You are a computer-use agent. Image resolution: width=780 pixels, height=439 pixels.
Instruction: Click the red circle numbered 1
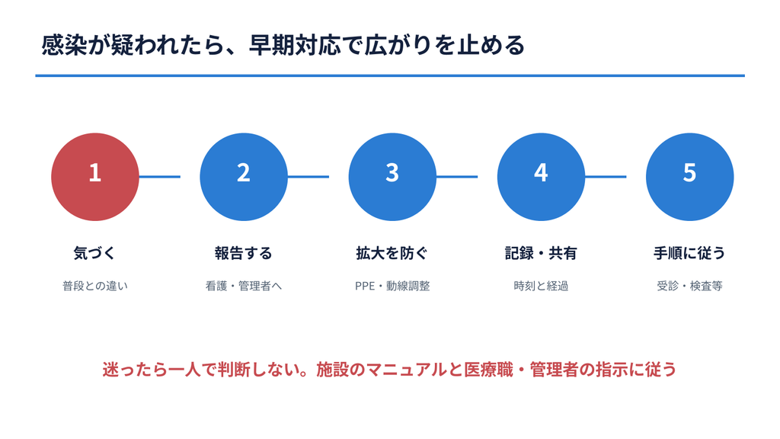point(95,177)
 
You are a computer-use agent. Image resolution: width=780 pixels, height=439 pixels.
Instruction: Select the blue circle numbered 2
point(244,177)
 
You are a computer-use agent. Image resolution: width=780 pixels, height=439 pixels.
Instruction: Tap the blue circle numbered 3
point(392,177)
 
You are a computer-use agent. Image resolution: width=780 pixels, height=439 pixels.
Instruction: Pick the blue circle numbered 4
point(542,177)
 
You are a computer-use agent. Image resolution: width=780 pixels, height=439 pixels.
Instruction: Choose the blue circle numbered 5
point(690,177)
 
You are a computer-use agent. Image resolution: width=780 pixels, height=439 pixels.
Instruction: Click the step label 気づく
point(94,253)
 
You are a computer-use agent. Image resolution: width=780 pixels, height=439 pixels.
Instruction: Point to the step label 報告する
point(244,253)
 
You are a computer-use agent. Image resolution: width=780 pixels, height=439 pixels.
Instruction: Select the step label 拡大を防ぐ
point(392,253)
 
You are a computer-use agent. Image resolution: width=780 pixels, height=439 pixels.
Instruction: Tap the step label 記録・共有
point(541,253)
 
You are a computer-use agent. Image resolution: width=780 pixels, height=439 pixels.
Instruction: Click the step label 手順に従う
point(689,253)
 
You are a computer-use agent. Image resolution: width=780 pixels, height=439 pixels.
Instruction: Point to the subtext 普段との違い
point(95,286)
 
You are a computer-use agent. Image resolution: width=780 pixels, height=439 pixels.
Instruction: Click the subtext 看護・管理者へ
point(244,286)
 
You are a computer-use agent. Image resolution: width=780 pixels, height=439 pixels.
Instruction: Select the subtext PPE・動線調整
point(392,286)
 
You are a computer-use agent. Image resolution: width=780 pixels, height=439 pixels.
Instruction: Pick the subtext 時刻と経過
point(541,286)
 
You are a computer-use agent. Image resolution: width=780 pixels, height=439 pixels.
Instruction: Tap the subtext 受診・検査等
point(689,286)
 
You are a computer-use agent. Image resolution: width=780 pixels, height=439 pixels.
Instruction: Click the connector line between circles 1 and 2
point(160,177)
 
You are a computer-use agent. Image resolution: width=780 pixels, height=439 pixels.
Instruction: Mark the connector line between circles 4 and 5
point(606,177)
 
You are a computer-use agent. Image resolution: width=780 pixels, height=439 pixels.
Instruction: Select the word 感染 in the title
point(64,45)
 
